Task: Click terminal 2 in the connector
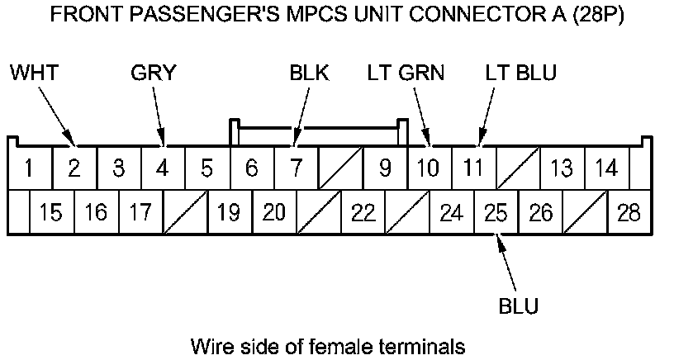coord(74,168)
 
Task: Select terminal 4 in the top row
coord(163,168)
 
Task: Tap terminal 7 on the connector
coord(295,168)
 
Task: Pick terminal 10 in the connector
coord(428,168)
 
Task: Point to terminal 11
coord(472,168)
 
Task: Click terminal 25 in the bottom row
coord(496,213)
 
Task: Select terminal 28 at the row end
coord(629,213)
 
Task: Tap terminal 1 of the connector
coord(29,168)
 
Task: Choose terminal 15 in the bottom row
coord(51,213)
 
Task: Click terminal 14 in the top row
coord(606,168)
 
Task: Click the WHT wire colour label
coord(34,73)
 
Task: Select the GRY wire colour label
coord(154,73)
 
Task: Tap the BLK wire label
coord(310,73)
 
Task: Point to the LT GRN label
coord(406,73)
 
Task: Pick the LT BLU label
coord(520,73)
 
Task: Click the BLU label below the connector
coord(519,306)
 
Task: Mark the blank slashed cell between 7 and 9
coord(339,168)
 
